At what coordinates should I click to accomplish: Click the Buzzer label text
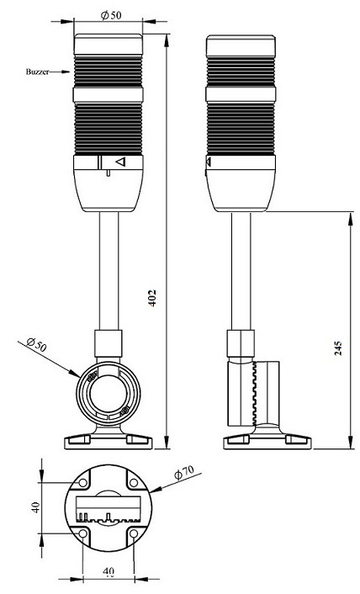(x=37, y=72)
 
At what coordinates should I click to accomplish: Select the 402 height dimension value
(x=151, y=298)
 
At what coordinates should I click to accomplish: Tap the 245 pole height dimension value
(x=338, y=348)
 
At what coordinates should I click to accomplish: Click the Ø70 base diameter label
(x=184, y=472)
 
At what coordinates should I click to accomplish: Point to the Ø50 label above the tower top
(x=111, y=15)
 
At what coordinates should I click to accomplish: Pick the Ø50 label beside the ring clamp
(x=37, y=344)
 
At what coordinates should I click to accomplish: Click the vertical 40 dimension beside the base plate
(x=35, y=507)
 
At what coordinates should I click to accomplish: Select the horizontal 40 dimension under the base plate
(x=109, y=571)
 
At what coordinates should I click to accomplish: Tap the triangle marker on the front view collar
(x=120, y=162)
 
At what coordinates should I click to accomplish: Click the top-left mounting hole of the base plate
(x=83, y=483)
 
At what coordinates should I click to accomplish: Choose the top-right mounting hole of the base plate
(x=134, y=483)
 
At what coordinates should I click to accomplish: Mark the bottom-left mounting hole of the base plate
(x=83, y=533)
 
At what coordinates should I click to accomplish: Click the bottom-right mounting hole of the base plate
(x=134, y=533)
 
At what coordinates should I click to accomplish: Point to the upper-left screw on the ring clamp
(x=91, y=377)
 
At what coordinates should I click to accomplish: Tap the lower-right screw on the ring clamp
(x=125, y=409)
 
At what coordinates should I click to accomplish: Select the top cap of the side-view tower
(x=241, y=45)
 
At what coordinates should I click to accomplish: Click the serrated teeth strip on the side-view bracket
(x=254, y=393)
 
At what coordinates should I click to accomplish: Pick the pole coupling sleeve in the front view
(x=109, y=343)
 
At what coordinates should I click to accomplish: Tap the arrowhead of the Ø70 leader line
(x=156, y=491)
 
